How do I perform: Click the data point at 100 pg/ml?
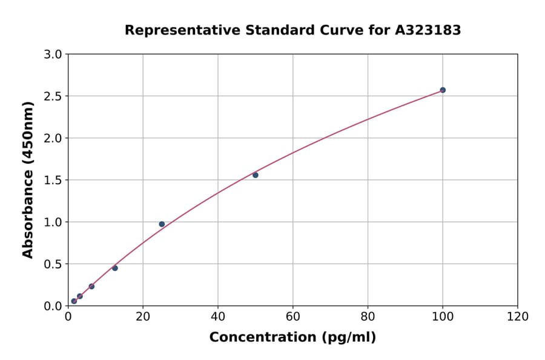click(x=443, y=90)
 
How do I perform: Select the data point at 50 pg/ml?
click(x=256, y=175)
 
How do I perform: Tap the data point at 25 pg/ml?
click(x=162, y=224)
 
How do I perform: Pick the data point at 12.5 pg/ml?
click(x=115, y=268)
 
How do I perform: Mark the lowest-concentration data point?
click(x=74, y=301)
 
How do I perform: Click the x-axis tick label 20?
click(x=143, y=316)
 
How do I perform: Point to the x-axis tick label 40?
click(x=218, y=316)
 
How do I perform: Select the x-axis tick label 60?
click(x=293, y=316)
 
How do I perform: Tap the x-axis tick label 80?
click(x=368, y=316)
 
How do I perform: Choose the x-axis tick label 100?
click(x=443, y=316)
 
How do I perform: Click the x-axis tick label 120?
click(x=518, y=316)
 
